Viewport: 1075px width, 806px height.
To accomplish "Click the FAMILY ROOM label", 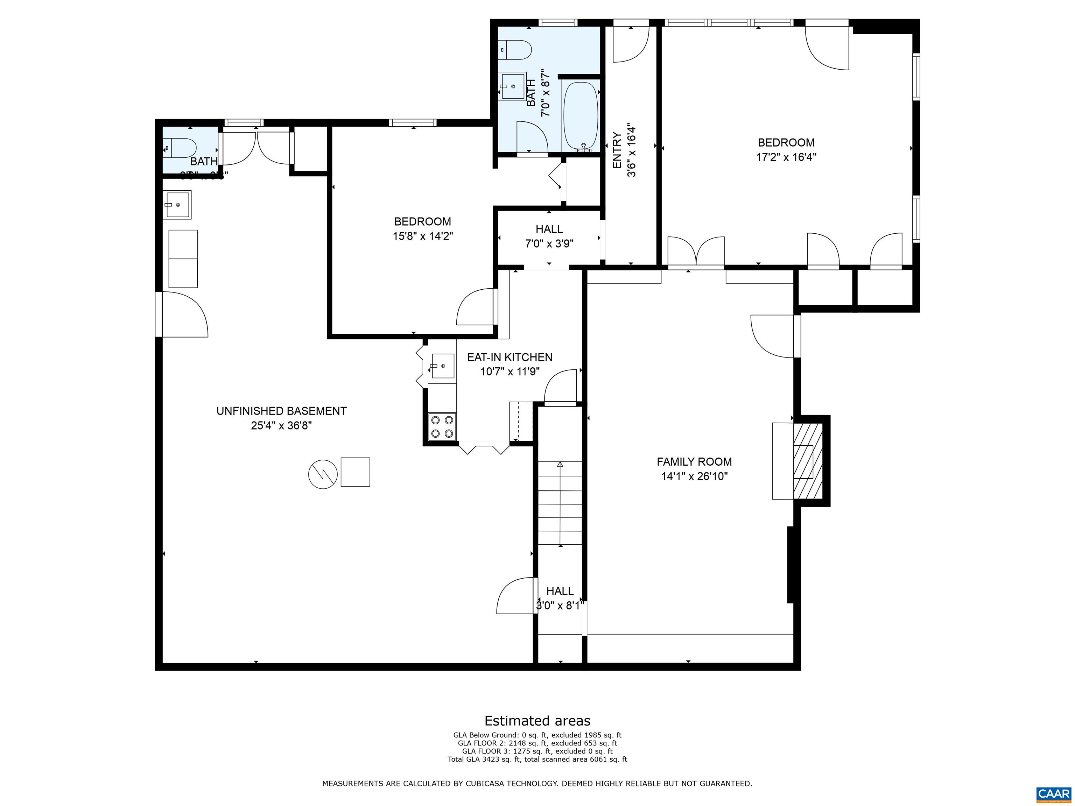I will click(x=694, y=461).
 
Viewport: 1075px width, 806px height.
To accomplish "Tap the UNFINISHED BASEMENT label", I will click(x=281, y=411).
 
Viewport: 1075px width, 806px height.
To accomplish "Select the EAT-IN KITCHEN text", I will click(x=509, y=358).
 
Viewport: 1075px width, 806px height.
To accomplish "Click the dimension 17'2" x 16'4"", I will click(x=786, y=157).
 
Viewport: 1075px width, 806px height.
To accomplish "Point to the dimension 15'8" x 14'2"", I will click(x=423, y=236).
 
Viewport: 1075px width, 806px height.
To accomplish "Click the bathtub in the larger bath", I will click(x=580, y=116).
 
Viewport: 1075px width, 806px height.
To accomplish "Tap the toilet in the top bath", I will click(x=517, y=50).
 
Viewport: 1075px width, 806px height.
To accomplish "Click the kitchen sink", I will click(x=442, y=366).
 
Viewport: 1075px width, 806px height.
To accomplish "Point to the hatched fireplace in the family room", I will click(x=808, y=461).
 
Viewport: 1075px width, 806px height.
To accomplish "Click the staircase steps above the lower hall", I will click(x=560, y=503).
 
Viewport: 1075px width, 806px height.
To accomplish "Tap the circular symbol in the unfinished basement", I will click(x=323, y=474).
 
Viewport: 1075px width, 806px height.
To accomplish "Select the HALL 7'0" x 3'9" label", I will click(x=549, y=236).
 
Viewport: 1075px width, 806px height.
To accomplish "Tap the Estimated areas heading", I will click(x=537, y=721).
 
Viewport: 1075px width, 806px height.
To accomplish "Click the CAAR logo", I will click(x=1053, y=794).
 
